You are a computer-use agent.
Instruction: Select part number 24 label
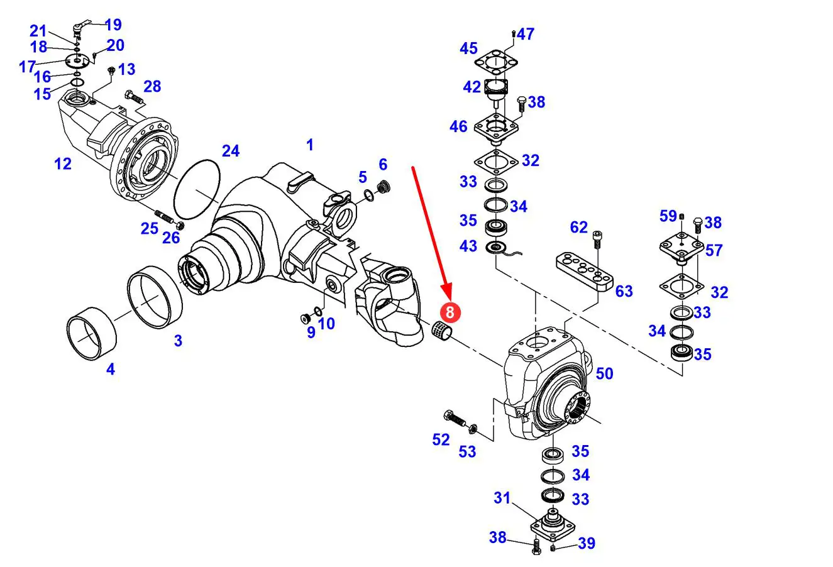[x=231, y=151]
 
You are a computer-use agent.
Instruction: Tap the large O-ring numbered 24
[x=196, y=189]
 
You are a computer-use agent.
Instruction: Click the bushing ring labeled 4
[x=92, y=338]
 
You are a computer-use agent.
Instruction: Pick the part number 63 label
[x=624, y=291]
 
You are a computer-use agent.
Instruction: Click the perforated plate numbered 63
[x=585, y=271]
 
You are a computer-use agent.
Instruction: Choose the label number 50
[x=604, y=373]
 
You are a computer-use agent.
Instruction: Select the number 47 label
[x=526, y=34]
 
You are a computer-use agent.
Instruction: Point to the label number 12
[x=63, y=164]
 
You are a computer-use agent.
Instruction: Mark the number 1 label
[x=309, y=145]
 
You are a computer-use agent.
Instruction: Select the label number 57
[x=714, y=250]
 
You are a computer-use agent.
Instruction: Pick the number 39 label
[x=586, y=543]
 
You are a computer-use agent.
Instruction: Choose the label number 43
[x=468, y=246]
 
